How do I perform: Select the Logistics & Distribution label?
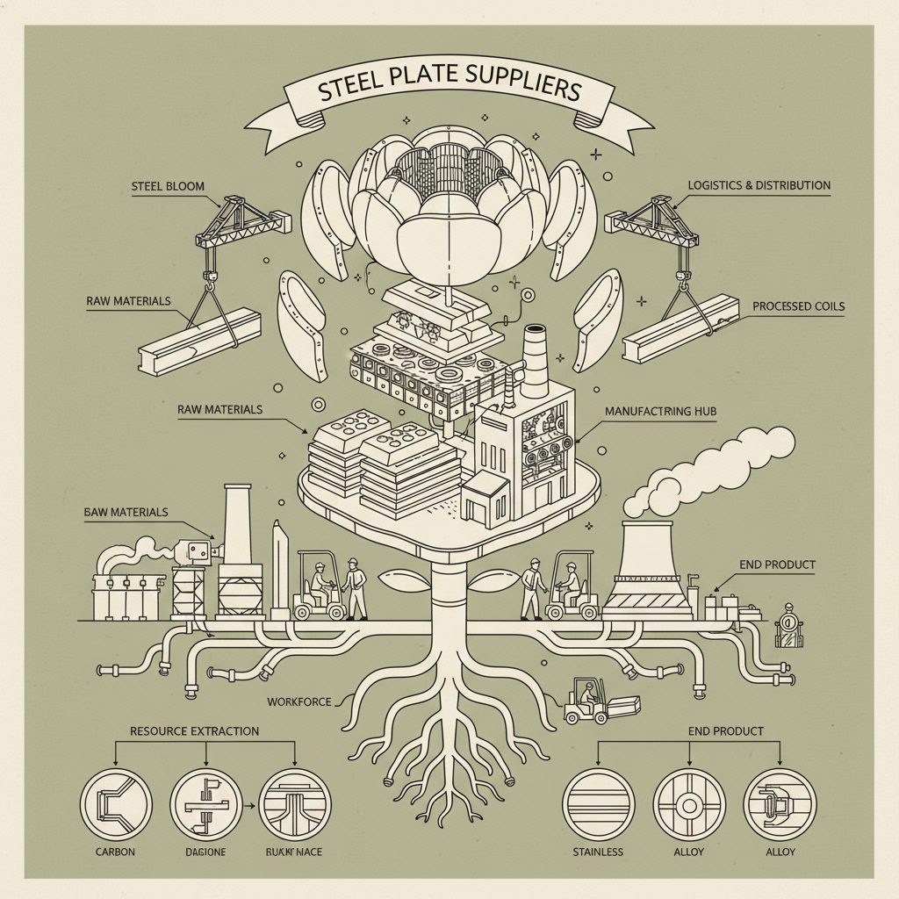point(759,185)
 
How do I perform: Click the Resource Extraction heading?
point(194,730)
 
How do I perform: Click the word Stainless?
point(597,852)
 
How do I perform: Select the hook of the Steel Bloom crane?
point(212,282)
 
